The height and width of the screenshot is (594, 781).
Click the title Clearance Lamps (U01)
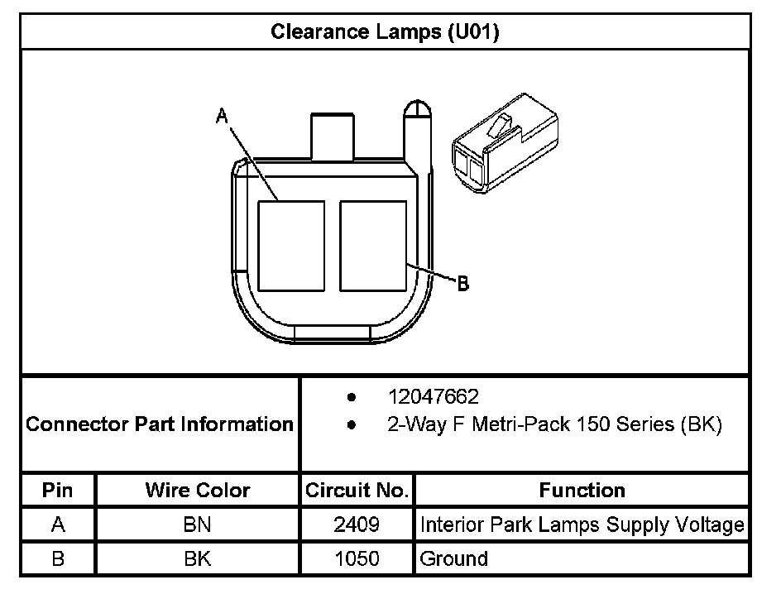[385, 32]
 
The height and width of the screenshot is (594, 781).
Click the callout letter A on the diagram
[222, 117]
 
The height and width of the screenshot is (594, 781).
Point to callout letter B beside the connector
[463, 284]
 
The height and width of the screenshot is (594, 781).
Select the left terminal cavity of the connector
[290, 246]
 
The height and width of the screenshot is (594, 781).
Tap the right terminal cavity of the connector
[373, 246]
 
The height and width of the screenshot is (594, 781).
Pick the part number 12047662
[433, 397]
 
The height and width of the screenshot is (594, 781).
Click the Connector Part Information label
[160, 424]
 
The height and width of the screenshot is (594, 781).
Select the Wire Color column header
[197, 490]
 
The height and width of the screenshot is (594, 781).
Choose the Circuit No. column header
[357, 490]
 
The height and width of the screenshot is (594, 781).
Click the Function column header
[582, 490]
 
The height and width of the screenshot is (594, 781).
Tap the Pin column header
[58, 490]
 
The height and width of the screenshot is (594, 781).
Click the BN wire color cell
[197, 525]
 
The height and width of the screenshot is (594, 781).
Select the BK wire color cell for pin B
[197, 558]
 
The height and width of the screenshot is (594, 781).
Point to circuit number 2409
[357, 525]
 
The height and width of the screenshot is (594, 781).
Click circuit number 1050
[357, 558]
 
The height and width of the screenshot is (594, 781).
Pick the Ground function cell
[454, 558]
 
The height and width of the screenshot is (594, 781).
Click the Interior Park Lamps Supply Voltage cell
[582, 525]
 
